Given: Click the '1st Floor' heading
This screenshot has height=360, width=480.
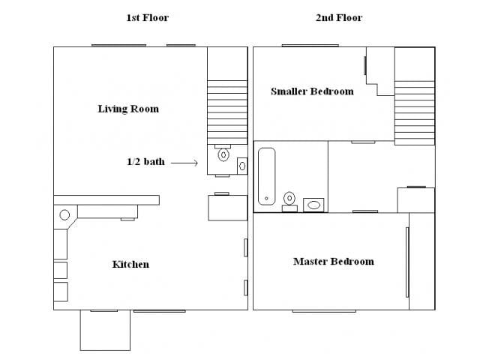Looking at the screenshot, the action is [x=148, y=17].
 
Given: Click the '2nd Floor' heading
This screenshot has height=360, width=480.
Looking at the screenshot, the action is [x=339, y=17].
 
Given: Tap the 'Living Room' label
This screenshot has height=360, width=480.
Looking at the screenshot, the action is [x=128, y=109].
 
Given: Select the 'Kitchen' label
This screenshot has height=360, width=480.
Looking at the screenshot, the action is [x=130, y=264].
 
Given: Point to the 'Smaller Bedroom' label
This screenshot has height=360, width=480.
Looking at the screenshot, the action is [x=312, y=91].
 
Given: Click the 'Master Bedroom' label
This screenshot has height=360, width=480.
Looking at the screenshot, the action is [x=334, y=262].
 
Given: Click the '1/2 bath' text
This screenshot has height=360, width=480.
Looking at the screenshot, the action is [x=145, y=161].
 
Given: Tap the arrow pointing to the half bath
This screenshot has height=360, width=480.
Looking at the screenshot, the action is [x=184, y=163].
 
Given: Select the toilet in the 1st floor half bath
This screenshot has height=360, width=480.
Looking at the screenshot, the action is [x=223, y=153].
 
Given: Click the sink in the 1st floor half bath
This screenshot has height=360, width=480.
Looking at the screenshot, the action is [x=242, y=166].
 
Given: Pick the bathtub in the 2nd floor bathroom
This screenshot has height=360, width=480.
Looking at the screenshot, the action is [x=267, y=176].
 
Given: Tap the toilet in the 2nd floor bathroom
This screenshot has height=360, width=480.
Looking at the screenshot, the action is [x=289, y=202].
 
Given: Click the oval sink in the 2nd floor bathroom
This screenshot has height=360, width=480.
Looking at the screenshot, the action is [x=313, y=205].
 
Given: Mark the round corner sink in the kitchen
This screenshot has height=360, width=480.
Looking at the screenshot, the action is [x=64, y=215].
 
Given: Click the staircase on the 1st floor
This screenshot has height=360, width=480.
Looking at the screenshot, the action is [x=227, y=112].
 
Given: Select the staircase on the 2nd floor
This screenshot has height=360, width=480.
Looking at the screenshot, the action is [x=415, y=112].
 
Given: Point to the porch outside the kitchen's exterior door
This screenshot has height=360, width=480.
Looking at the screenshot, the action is [x=105, y=330].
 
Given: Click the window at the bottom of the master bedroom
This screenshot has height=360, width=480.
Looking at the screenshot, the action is [x=324, y=311].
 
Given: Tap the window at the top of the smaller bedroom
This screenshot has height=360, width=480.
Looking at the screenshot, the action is [x=310, y=46].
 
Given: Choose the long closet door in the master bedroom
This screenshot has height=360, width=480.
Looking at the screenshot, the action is [x=407, y=262].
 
